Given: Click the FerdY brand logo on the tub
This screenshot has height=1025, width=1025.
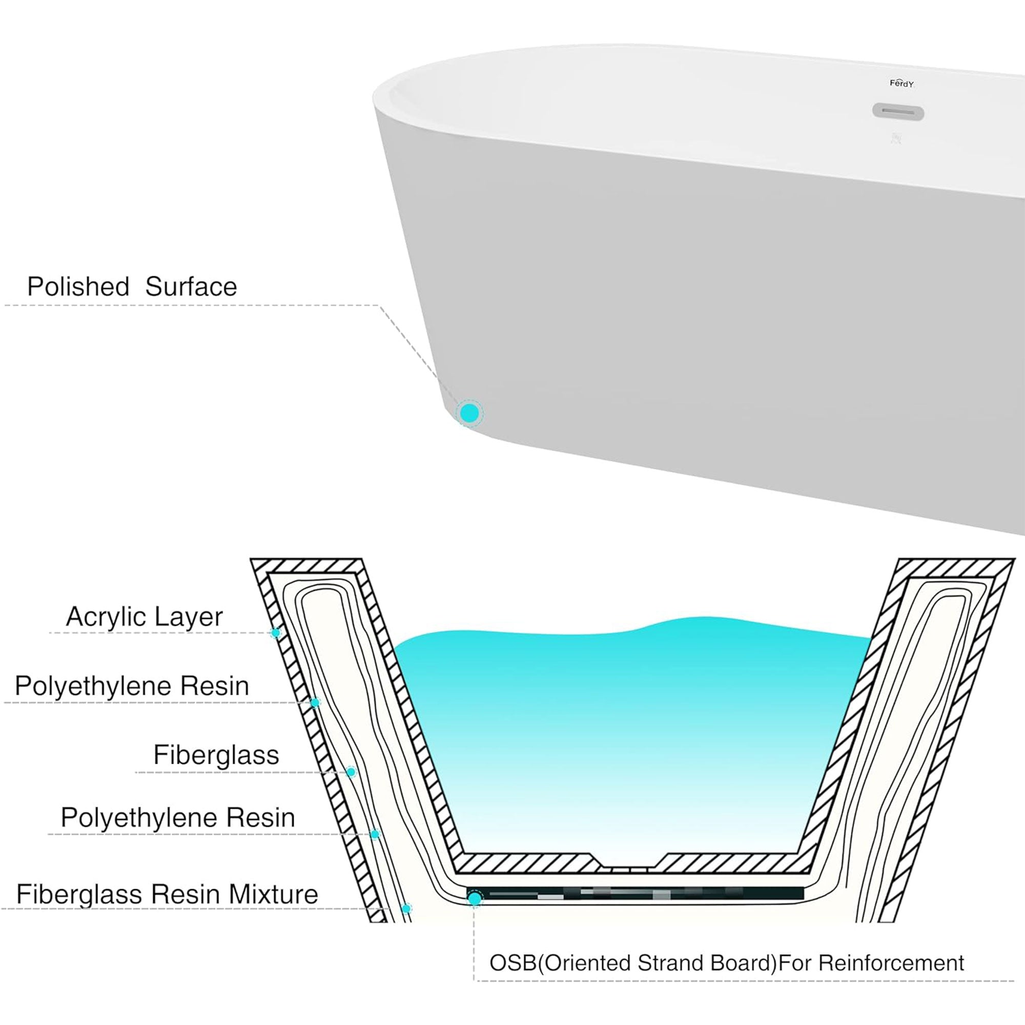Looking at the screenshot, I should click(901, 84).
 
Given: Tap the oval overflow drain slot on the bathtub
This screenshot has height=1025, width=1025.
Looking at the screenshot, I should click(898, 112).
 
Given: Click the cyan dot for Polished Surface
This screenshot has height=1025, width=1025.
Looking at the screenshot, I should click(469, 413).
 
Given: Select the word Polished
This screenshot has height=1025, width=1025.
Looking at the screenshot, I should click(78, 287).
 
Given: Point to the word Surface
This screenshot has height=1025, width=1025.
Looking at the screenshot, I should click(191, 287).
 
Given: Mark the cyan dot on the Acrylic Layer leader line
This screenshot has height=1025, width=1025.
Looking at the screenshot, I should click(275, 632).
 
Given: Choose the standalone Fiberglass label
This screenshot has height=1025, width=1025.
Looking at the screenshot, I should click(216, 754).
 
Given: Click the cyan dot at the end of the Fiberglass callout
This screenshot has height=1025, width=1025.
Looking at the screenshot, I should click(351, 772).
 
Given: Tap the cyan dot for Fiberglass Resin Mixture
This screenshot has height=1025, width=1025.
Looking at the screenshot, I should click(406, 909).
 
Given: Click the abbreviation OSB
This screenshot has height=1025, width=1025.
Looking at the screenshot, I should click(512, 963).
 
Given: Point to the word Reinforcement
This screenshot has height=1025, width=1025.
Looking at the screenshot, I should click(891, 963).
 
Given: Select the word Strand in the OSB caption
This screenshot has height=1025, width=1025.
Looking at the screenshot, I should click(673, 963).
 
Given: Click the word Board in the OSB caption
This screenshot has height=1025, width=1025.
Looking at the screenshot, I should click(743, 963).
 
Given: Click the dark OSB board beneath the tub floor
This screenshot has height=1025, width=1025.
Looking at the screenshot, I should click(637, 894).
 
